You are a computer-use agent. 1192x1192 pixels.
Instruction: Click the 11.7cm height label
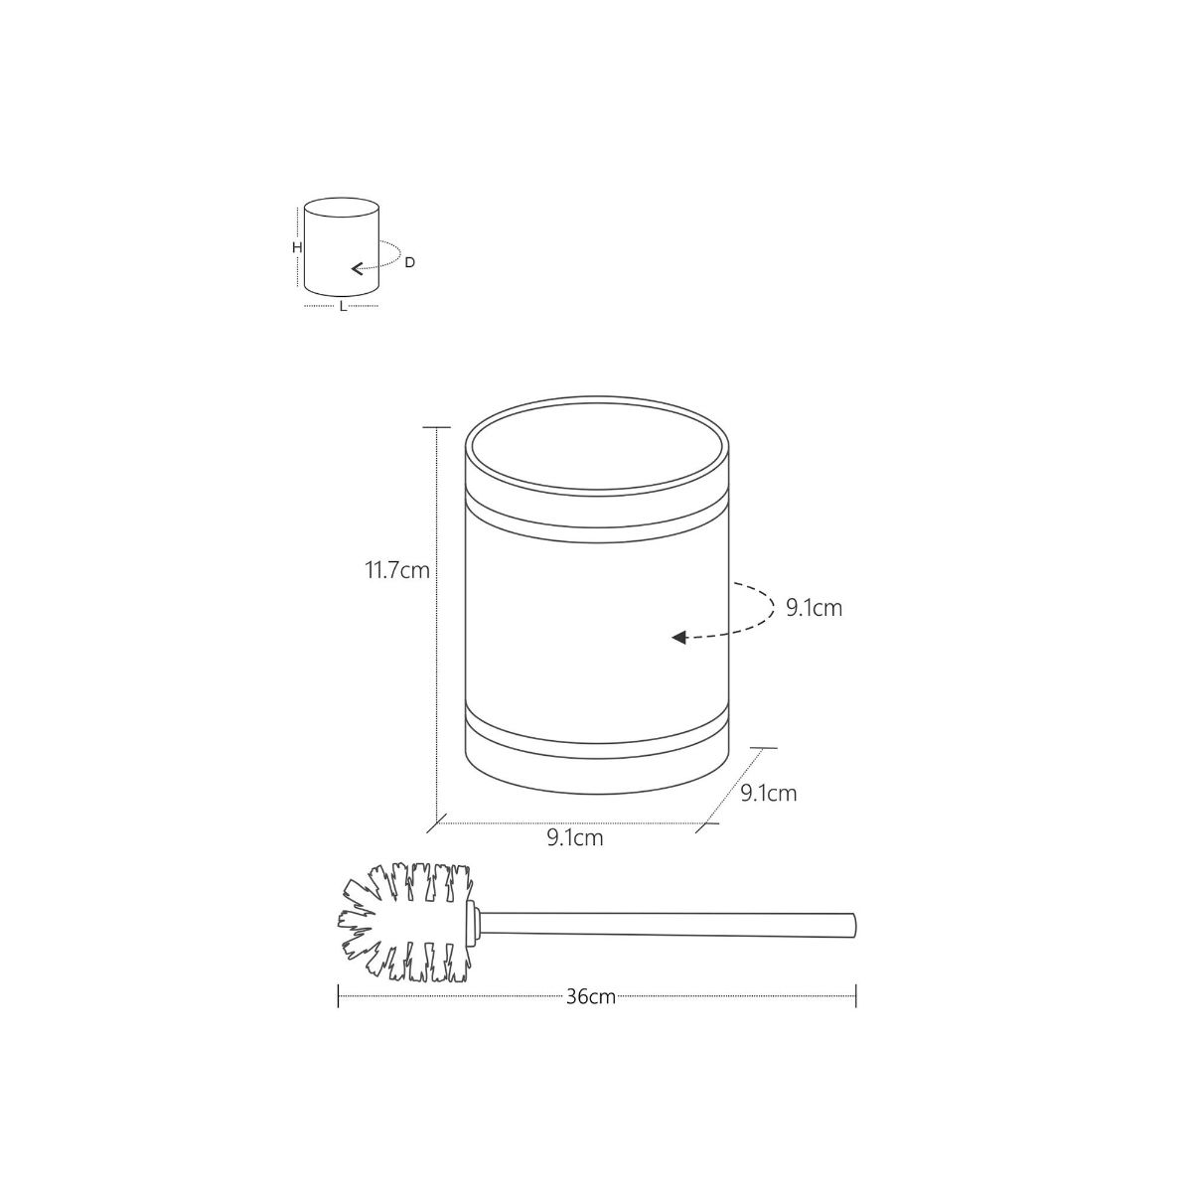click(x=396, y=571)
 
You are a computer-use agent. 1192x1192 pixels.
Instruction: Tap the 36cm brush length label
click(x=591, y=996)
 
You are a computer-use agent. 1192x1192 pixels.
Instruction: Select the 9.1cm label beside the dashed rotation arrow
click(x=814, y=608)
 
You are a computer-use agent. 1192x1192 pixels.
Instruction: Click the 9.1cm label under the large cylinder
click(x=574, y=837)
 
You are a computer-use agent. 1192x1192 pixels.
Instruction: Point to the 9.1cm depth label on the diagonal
click(x=768, y=793)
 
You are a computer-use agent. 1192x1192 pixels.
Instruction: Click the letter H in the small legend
click(x=296, y=247)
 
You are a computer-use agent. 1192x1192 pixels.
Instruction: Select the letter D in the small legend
click(x=409, y=262)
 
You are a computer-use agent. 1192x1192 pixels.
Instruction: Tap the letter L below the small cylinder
click(x=343, y=307)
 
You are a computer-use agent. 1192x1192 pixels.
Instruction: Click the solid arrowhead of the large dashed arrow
click(x=679, y=638)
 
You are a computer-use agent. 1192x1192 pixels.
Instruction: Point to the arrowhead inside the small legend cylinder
click(x=356, y=267)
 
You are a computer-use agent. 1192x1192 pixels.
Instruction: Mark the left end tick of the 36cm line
click(x=339, y=995)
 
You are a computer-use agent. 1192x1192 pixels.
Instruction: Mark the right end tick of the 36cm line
click(x=855, y=995)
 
